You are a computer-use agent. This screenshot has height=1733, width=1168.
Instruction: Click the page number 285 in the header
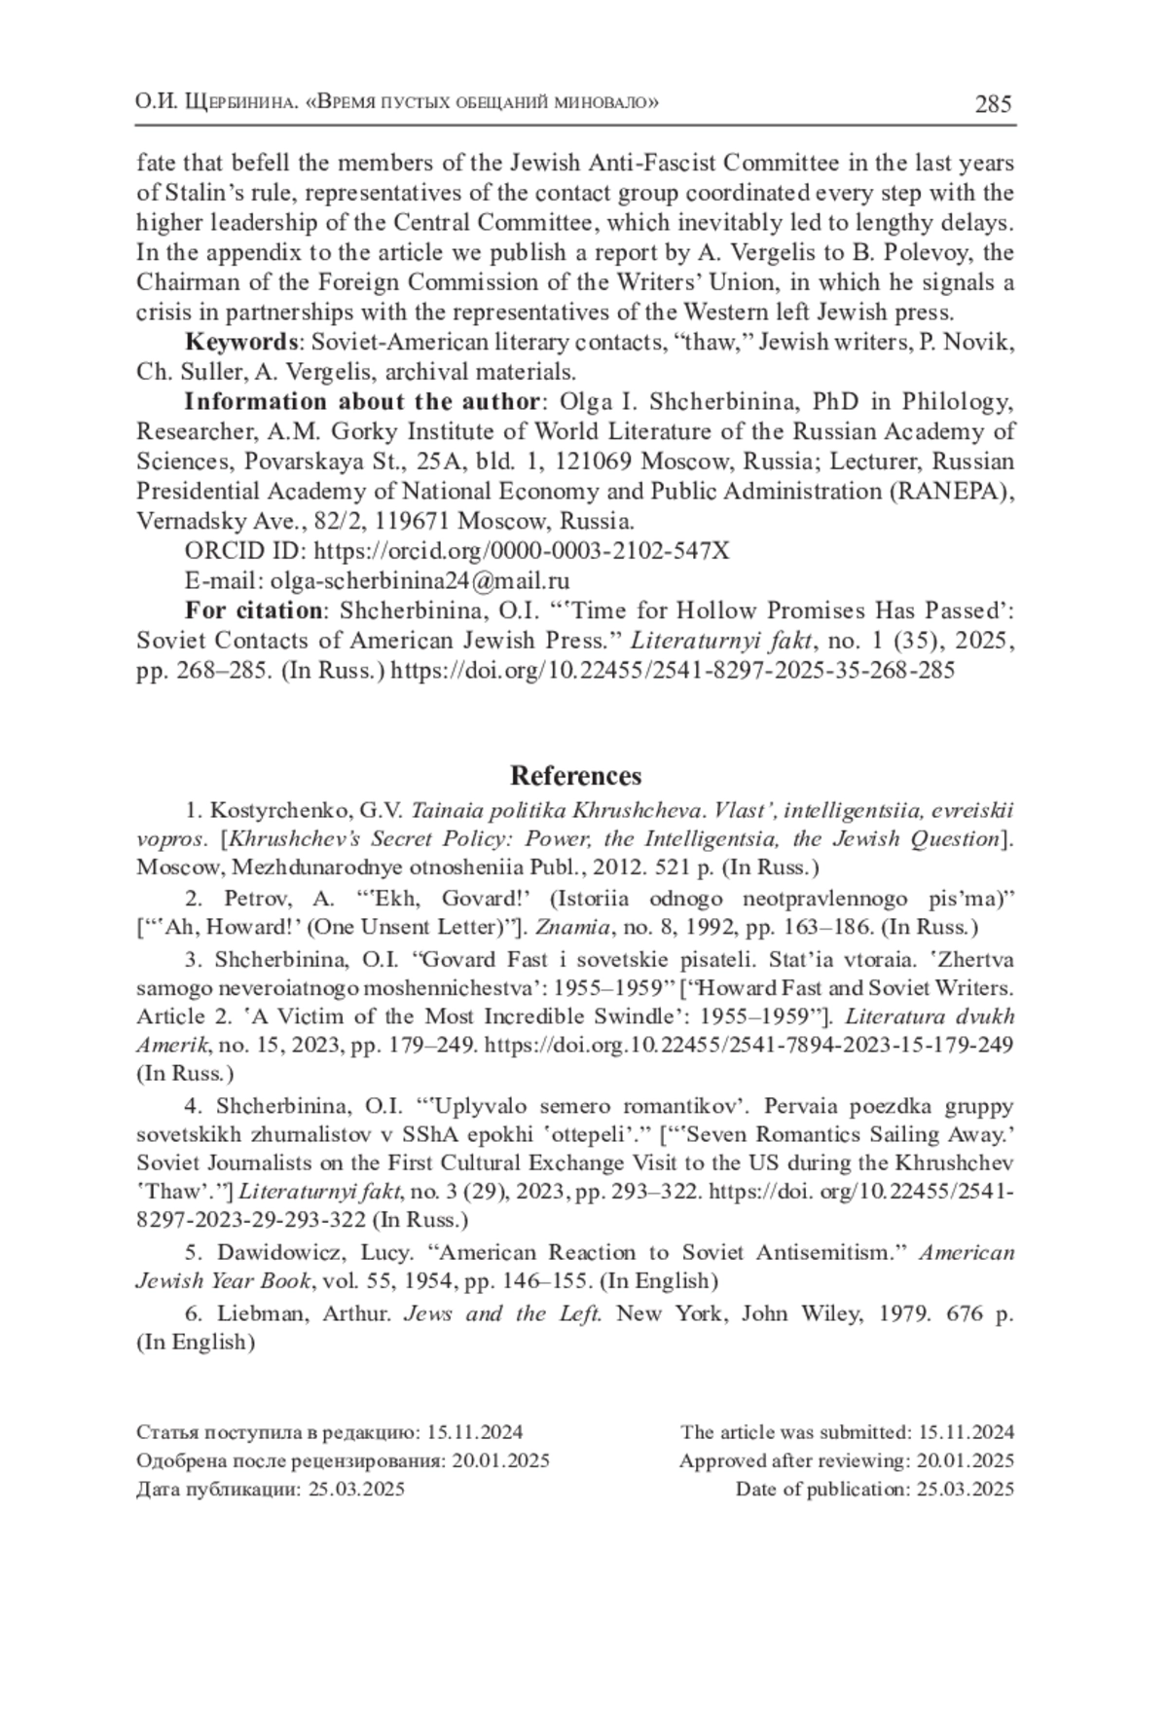(x=993, y=103)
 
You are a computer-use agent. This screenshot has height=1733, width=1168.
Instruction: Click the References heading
(x=575, y=776)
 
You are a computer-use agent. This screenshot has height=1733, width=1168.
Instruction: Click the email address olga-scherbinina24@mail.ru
(x=420, y=581)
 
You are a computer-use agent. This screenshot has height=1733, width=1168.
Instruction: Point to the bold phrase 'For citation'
(x=254, y=611)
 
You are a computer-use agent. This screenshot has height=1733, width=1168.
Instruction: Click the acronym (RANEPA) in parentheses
(x=949, y=491)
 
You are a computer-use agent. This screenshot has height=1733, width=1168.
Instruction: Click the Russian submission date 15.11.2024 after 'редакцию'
(x=474, y=1432)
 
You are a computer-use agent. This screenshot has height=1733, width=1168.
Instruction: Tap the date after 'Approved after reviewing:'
(x=966, y=1460)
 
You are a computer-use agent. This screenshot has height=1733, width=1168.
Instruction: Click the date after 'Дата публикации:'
(x=356, y=1489)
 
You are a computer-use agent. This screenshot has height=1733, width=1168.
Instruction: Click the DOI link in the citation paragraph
(x=673, y=671)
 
